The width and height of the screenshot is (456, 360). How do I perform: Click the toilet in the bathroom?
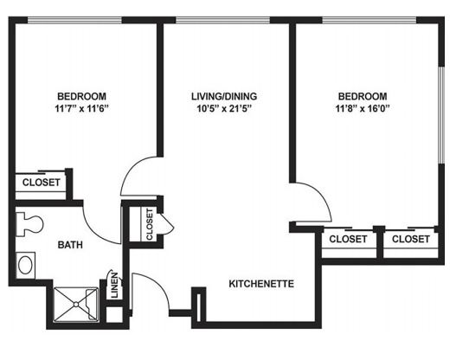29,224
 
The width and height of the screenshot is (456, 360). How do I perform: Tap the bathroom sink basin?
25,265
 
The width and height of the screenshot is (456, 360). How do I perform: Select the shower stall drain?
76,305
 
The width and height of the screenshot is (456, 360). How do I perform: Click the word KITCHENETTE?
261,284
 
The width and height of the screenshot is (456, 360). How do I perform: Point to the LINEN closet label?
115,286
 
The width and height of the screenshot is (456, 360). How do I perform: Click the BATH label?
70,245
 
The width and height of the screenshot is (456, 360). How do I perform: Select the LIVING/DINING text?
224,96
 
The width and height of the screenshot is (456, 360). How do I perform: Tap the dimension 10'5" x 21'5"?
224,109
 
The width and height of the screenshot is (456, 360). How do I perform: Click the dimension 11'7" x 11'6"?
81,109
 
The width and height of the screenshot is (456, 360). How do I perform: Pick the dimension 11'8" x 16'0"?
363,109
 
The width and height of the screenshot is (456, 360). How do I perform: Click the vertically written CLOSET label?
150,224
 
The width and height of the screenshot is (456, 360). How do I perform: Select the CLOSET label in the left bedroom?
42,183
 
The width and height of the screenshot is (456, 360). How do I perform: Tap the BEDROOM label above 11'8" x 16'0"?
363,96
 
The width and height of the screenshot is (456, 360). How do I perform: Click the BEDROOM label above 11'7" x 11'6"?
81,96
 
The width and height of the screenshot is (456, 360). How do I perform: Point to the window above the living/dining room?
222,20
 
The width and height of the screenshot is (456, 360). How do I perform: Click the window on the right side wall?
441,115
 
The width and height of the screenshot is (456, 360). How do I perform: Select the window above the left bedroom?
74,20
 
